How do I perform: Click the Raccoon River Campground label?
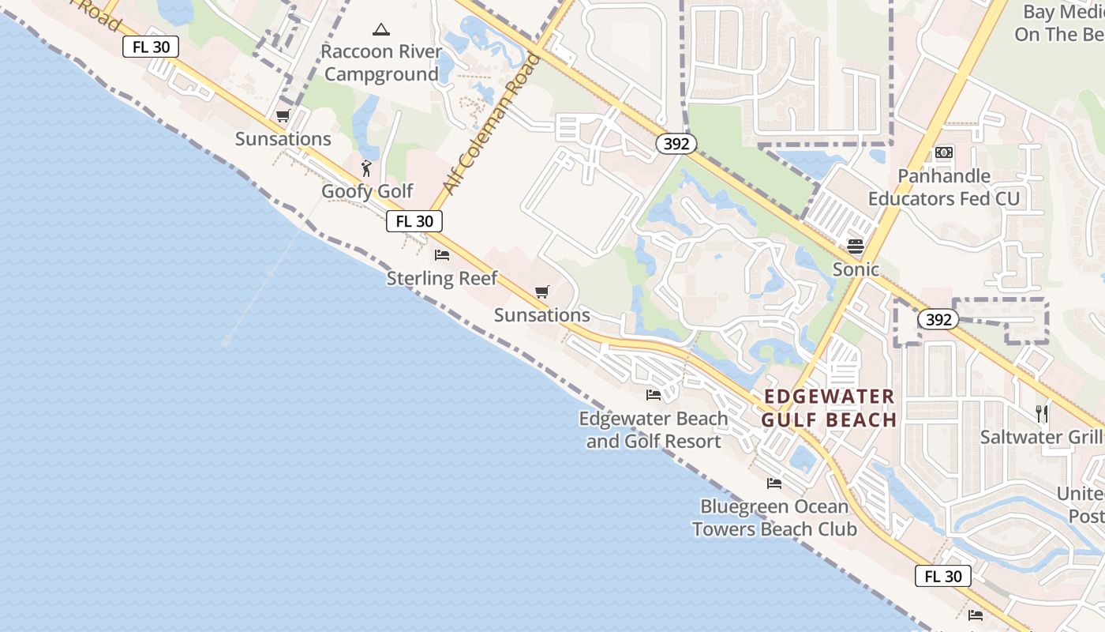(x=381, y=63)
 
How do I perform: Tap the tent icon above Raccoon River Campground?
(x=381, y=30)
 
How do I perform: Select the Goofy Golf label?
(x=367, y=191)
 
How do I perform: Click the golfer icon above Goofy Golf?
(x=366, y=168)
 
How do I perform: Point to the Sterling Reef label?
(x=442, y=278)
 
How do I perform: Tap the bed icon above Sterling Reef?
(x=442, y=255)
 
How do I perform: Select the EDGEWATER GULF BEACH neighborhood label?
(x=829, y=408)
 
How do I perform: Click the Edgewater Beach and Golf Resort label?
(x=654, y=430)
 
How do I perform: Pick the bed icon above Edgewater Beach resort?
(x=654, y=395)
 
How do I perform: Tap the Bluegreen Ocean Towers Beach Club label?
(x=774, y=517)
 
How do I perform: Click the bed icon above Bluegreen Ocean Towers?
(x=774, y=483)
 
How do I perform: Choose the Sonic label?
(x=856, y=269)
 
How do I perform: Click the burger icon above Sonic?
(x=856, y=246)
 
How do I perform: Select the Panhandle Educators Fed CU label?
(x=944, y=187)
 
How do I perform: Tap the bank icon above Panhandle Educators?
(x=944, y=152)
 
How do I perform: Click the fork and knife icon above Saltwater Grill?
(x=1042, y=413)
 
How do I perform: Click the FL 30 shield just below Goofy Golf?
(x=414, y=221)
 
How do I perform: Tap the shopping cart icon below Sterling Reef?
(x=541, y=292)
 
